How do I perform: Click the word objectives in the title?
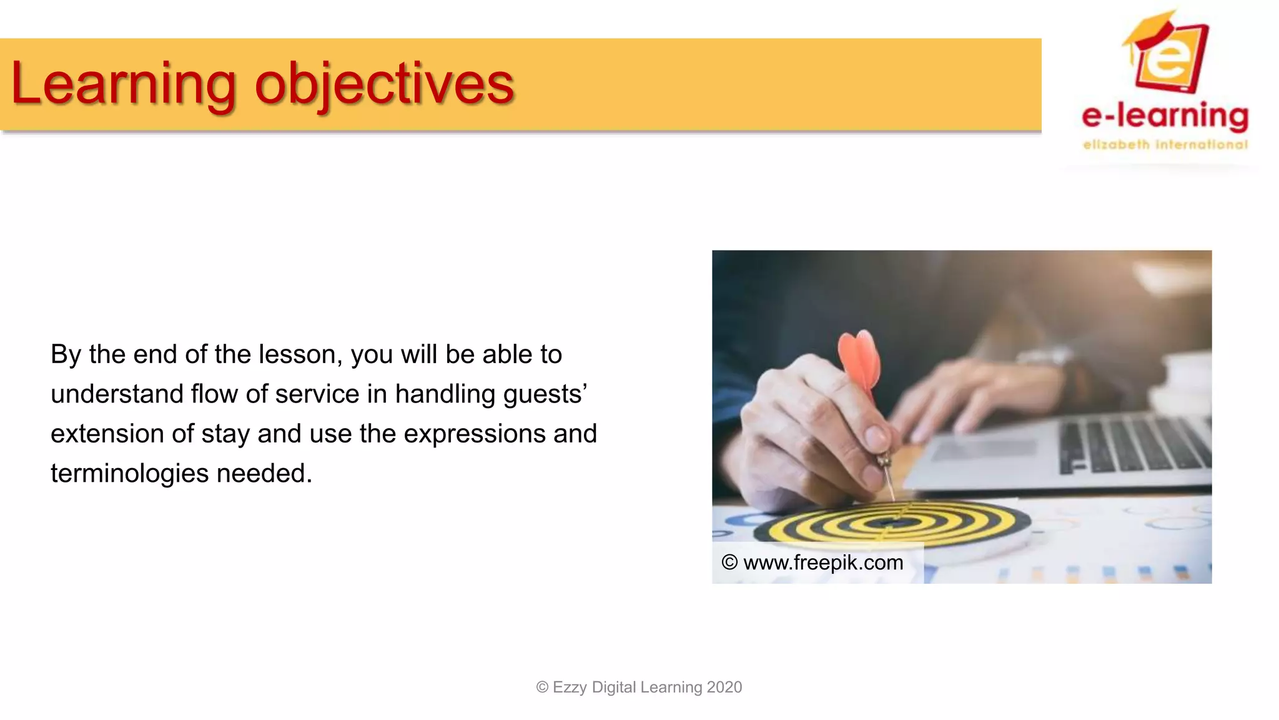[x=383, y=84]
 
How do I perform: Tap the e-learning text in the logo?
[x=1165, y=116]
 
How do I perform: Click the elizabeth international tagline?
[x=1165, y=145]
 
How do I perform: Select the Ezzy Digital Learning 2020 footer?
[x=639, y=687]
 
